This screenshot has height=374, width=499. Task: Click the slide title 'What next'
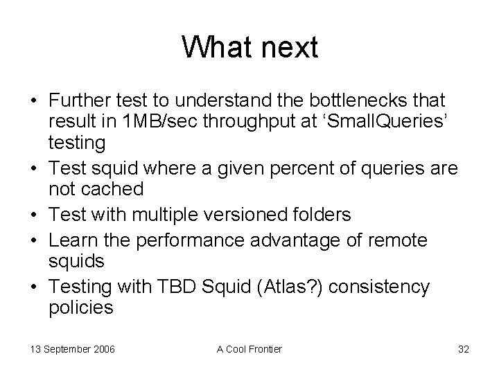[249, 48]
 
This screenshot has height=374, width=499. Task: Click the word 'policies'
[80, 308]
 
